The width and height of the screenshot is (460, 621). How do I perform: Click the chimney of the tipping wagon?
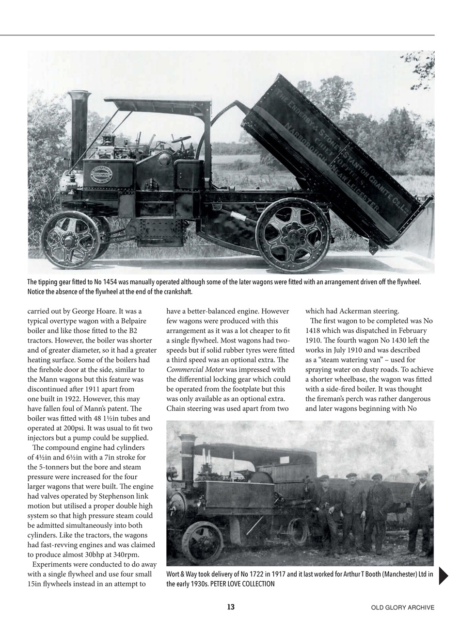[x=79, y=129]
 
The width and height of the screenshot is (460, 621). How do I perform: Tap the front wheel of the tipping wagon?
[x=71, y=239]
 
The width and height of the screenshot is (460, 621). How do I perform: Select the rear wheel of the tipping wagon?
[x=292, y=235]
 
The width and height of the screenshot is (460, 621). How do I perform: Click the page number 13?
[x=231, y=607]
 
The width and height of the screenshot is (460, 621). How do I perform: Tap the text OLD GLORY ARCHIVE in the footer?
[x=402, y=607]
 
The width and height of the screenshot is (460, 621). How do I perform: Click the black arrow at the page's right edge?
[x=443, y=575]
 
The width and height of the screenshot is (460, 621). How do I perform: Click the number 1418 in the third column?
[x=315, y=331]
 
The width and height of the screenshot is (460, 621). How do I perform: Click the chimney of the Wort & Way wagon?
[x=187, y=456]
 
